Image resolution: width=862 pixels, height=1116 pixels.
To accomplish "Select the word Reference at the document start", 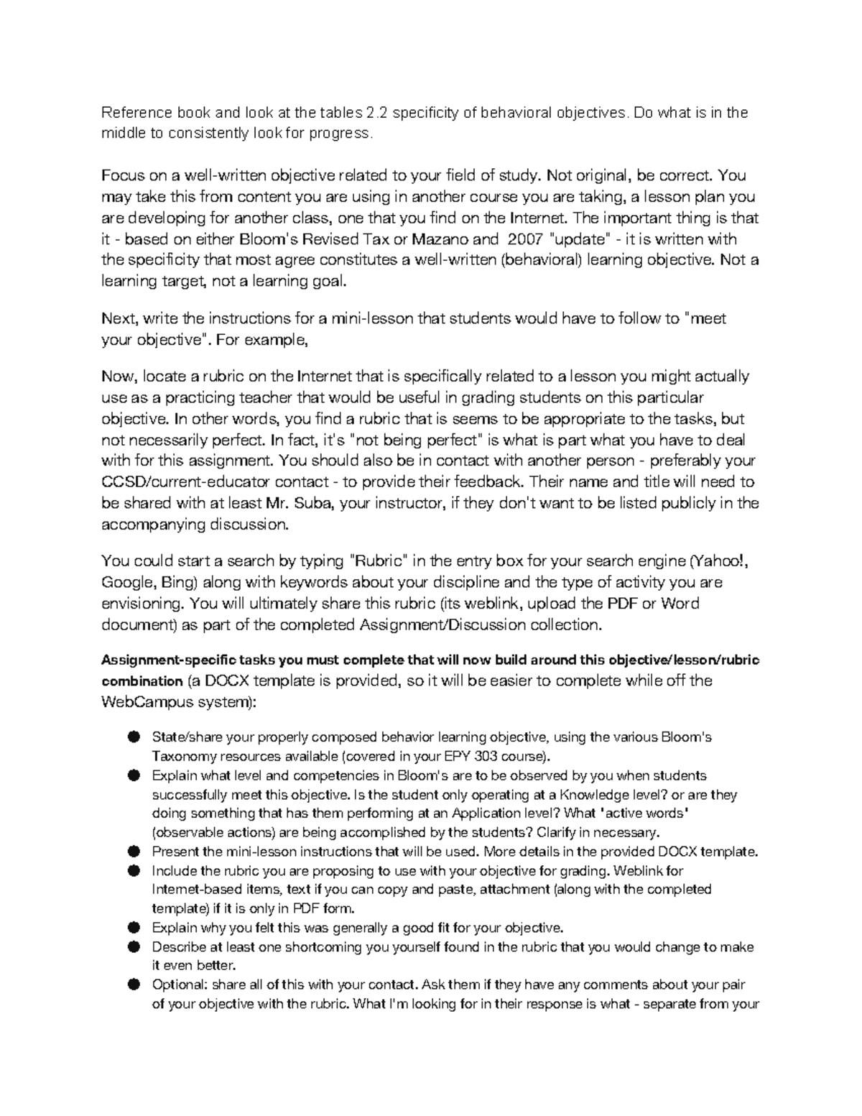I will pos(136,112).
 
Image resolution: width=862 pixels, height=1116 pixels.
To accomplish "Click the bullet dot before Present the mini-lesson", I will pos(133,852).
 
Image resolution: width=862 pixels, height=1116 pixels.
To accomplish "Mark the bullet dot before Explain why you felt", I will pos(133,928).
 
